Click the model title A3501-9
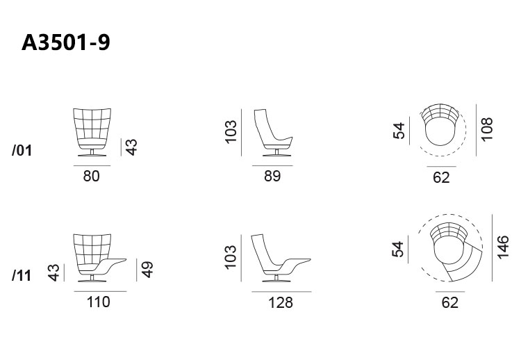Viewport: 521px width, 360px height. click(67, 44)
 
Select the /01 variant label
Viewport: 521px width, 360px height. click(22, 149)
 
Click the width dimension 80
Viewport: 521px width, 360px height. click(92, 177)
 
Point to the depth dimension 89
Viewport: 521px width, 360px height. click(272, 177)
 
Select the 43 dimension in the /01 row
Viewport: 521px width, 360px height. click(131, 147)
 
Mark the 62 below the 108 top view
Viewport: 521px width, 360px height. click(441, 178)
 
